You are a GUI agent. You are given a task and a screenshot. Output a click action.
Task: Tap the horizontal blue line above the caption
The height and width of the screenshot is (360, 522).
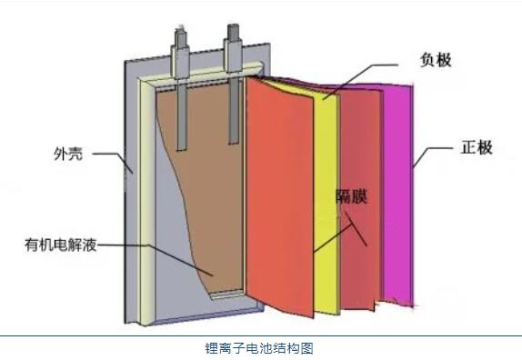pos(260,335)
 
